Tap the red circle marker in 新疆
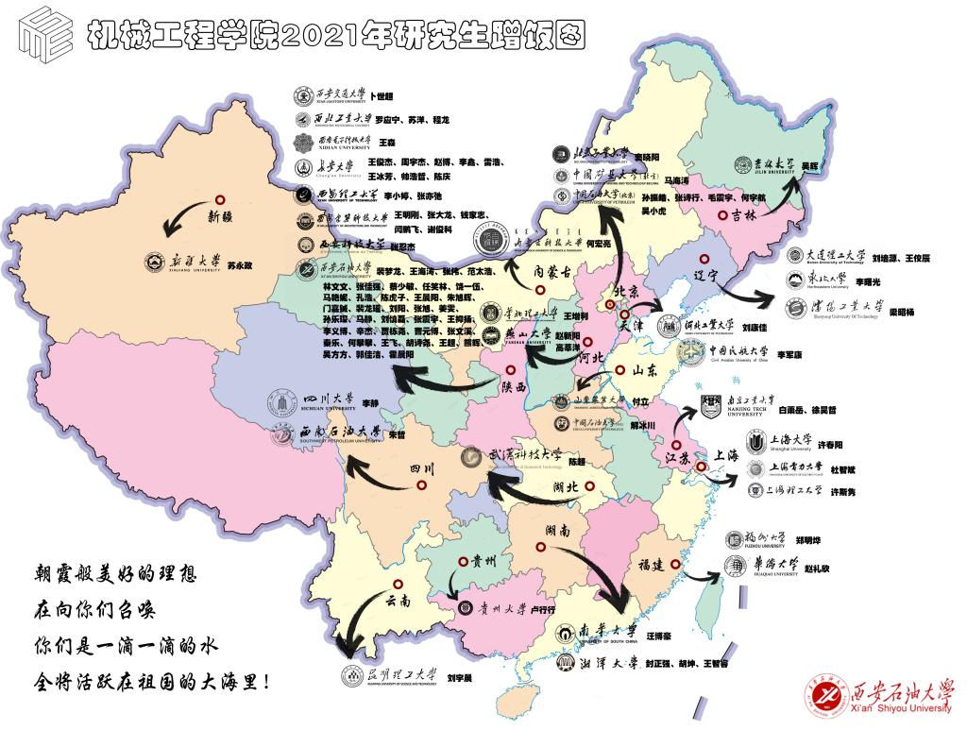(x=219, y=199)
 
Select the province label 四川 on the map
(x=421, y=469)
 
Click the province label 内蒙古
(x=552, y=272)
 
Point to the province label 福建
(x=651, y=565)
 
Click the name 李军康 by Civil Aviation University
(x=789, y=355)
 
